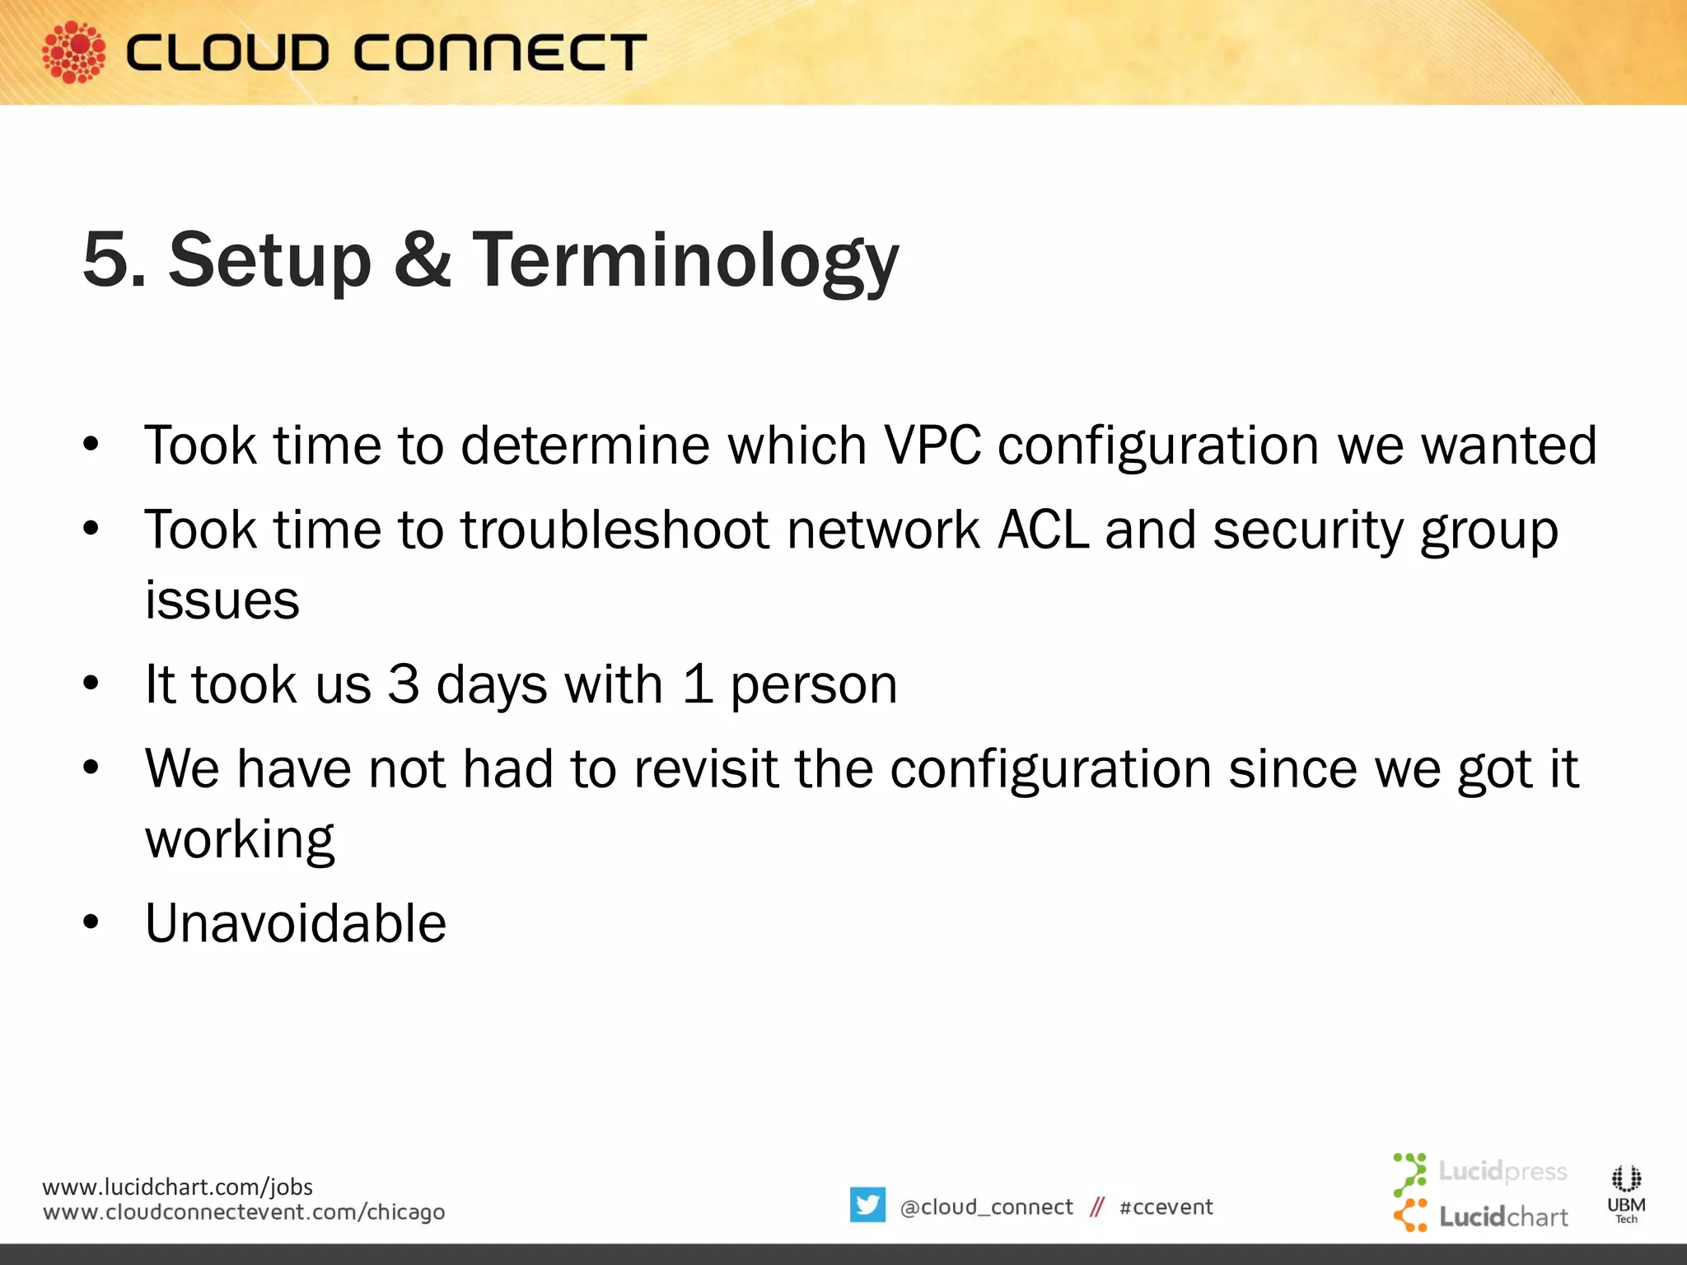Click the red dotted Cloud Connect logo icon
click(73, 52)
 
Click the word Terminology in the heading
click(685, 260)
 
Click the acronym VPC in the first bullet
click(932, 446)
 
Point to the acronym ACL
click(1042, 530)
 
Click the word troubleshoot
click(615, 530)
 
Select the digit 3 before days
click(404, 684)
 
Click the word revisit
click(705, 769)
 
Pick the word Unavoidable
click(296, 923)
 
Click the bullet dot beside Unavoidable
click(91, 922)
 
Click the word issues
click(222, 600)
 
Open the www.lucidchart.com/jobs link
click(177, 1187)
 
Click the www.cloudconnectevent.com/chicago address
click(244, 1212)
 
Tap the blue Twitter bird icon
click(867, 1205)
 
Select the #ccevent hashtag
click(1166, 1207)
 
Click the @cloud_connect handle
click(986, 1207)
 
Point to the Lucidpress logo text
click(1502, 1170)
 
